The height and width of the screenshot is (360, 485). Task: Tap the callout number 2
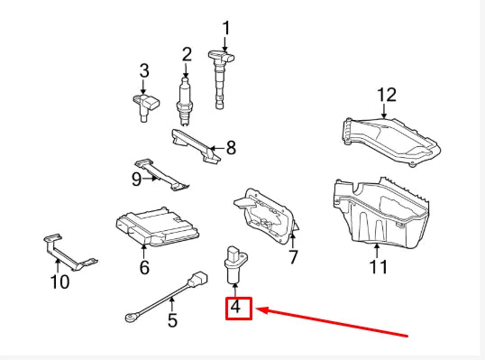coord(187,54)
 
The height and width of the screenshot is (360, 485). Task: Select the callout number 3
coord(143,70)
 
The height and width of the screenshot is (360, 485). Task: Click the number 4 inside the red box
coord(236,307)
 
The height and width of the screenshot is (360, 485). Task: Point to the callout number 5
coord(172,318)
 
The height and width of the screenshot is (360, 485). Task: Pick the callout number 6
coord(144,267)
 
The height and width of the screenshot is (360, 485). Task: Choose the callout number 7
coord(293,257)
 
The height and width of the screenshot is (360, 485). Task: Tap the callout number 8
coord(230,146)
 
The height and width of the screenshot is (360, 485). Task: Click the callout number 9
coord(137,179)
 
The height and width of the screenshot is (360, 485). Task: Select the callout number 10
coord(59,282)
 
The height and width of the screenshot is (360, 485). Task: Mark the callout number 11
coord(378,266)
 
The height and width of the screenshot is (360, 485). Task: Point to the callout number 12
coord(386,95)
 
